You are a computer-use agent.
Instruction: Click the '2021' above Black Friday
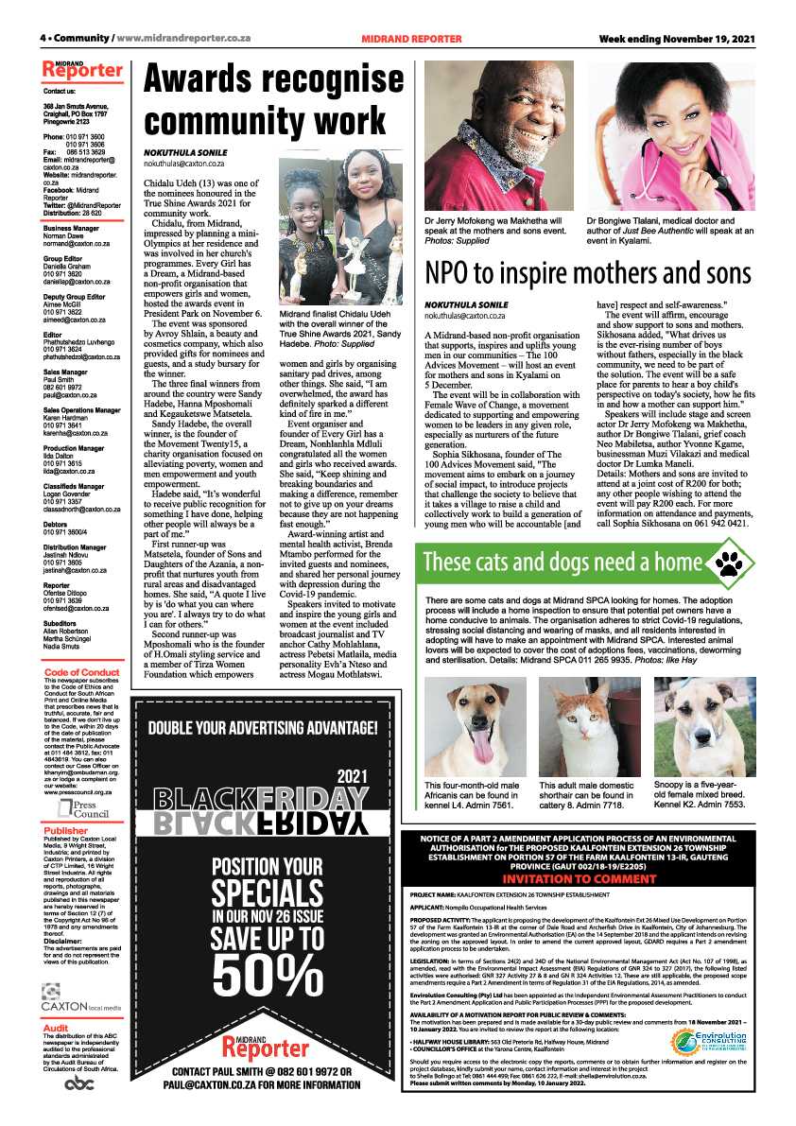click(x=351, y=775)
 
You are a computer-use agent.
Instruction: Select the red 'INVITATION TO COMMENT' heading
click(x=592, y=878)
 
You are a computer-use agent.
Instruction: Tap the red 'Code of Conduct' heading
click(x=82, y=646)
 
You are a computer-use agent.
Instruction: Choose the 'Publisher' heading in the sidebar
click(x=65, y=831)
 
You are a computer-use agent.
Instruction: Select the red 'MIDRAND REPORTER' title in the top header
click(x=411, y=39)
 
